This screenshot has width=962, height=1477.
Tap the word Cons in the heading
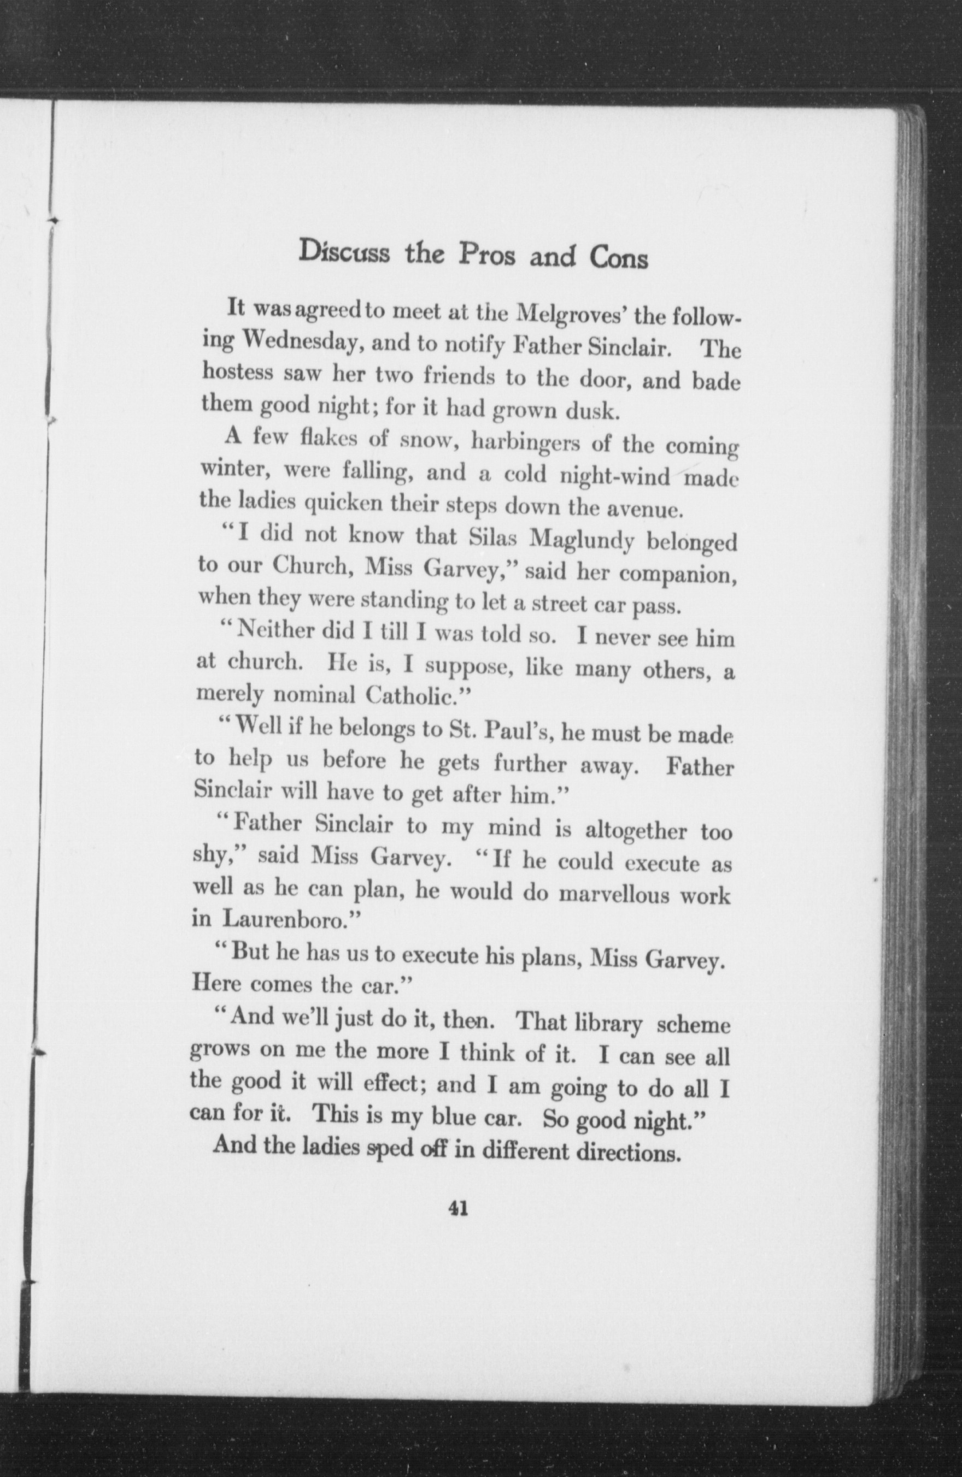coord(619,259)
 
